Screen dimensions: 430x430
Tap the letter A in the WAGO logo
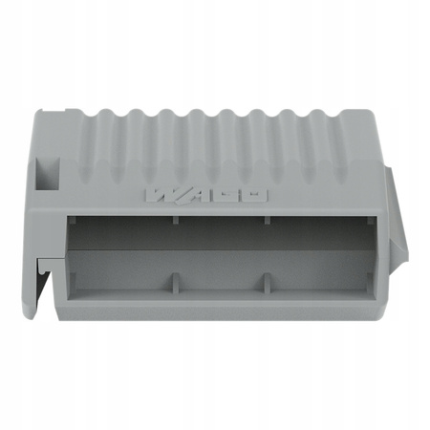(196, 196)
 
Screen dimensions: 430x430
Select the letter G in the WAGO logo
(227, 196)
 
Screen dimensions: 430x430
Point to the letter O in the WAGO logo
(255, 196)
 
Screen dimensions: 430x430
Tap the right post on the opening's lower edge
(266, 282)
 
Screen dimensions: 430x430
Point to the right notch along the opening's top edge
(267, 219)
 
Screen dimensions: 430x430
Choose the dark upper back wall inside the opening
(220, 234)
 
